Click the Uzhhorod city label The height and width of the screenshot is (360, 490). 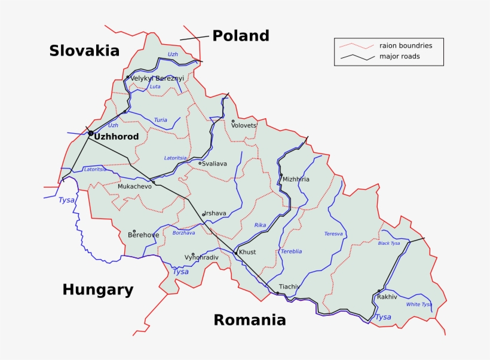(x=117, y=137)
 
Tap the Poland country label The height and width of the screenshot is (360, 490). (x=241, y=36)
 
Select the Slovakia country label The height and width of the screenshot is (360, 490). (x=84, y=51)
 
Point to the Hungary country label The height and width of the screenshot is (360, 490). (x=97, y=290)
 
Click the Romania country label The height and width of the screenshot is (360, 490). (x=250, y=320)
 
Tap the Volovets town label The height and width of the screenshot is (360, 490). (x=244, y=126)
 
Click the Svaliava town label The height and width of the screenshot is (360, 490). (x=215, y=164)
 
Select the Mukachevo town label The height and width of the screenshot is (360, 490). (x=134, y=187)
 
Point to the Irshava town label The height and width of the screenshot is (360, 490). (x=216, y=213)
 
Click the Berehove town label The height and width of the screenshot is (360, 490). (x=143, y=235)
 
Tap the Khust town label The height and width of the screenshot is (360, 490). (x=247, y=253)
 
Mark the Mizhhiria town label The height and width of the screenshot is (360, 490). (x=296, y=179)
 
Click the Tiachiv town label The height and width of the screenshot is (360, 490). (x=289, y=287)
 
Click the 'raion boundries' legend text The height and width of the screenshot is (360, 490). (x=406, y=45)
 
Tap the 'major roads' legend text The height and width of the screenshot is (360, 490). (x=399, y=57)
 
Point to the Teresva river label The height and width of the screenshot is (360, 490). (x=333, y=234)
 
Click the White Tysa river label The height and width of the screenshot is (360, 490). (x=418, y=304)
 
